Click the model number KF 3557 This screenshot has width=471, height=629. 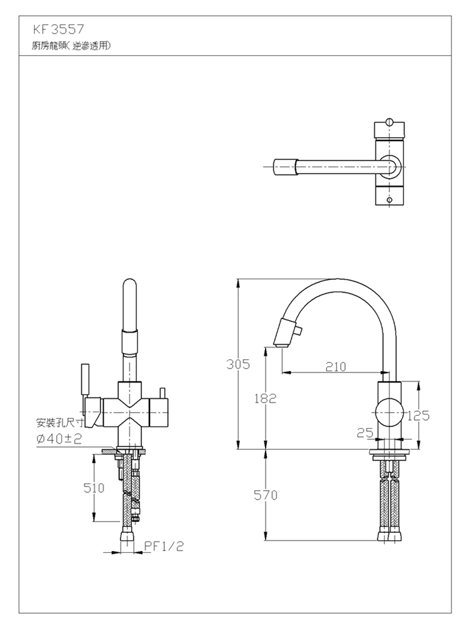click(x=59, y=30)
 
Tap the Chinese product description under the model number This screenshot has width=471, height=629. click(x=72, y=46)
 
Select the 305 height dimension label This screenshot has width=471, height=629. click(x=238, y=364)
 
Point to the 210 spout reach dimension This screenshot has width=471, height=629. click(x=335, y=366)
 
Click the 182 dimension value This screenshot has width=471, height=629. click(x=265, y=398)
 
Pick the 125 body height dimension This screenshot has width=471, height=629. click(x=418, y=416)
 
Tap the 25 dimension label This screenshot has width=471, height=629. click(x=365, y=433)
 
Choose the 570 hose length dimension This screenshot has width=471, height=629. click(x=266, y=496)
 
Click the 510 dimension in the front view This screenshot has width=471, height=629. click(x=94, y=488)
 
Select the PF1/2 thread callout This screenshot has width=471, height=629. click(x=164, y=546)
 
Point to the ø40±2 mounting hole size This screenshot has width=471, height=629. click(x=59, y=439)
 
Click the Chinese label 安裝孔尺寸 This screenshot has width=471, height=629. click(x=60, y=423)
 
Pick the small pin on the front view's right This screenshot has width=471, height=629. click(x=163, y=392)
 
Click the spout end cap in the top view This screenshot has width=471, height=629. click(x=284, y=167)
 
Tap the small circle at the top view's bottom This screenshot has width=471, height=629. click(x=389, y=200)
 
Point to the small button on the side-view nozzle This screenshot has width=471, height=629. click(x=298, y=331)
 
